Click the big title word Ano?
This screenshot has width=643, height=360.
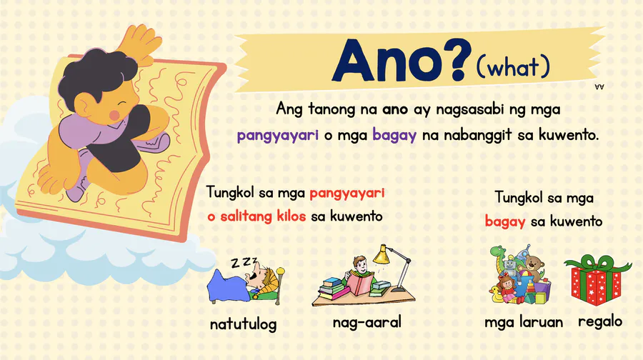[x=400, y=60]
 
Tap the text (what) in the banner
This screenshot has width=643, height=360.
[x=513, y=67]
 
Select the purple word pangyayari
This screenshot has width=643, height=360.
[x=278, y=135]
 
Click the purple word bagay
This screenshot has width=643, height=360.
[x=394, y=135]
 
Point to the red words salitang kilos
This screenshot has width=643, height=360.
[x=263, y=216]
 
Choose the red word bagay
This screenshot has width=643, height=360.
[x=505, y=222]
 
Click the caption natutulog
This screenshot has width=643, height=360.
[x=243, y=324]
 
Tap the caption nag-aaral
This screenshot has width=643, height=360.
[x=367, y=322]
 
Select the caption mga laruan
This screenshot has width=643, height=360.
[x=524, y=322]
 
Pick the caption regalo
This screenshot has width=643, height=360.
[x=600, y=322]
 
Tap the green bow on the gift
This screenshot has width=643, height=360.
[x=597, y=264]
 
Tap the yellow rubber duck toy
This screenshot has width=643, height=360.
[x=496, y=294]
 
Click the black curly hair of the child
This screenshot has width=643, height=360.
[x=96, y=75]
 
